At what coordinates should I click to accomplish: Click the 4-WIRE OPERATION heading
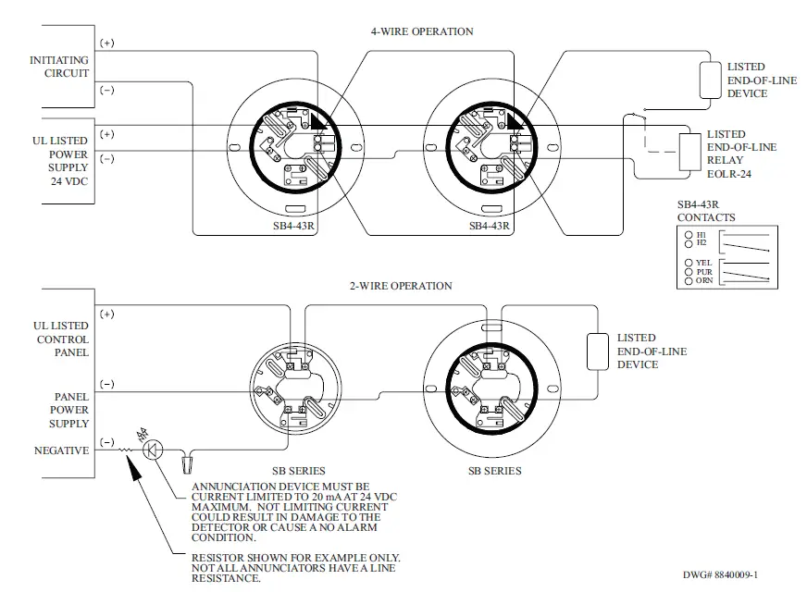[422, 31]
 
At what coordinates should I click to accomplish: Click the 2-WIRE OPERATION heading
[401, 286]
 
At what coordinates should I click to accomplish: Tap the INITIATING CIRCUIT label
[59, 67]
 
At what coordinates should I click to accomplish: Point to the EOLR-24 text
[731, 172]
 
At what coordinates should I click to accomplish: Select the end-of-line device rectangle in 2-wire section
[597, 351]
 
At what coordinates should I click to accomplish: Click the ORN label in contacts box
[703, 280]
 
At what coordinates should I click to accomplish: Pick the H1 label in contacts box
[701, 235]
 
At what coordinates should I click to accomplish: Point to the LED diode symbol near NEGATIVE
[154, 450]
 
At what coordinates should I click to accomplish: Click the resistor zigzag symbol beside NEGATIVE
[129, 451]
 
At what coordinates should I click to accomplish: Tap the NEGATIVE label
[60, 450]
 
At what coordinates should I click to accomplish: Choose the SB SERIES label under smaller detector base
[298, 471]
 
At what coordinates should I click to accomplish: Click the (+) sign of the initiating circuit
[106, 43]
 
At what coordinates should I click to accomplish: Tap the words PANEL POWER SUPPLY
[68, 410]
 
